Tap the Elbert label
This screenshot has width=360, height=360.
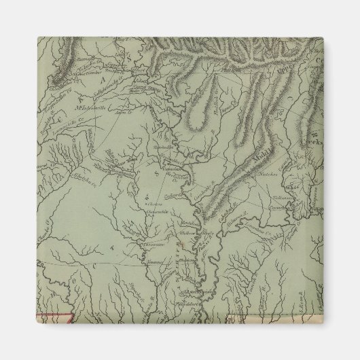(x=139, y=69)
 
